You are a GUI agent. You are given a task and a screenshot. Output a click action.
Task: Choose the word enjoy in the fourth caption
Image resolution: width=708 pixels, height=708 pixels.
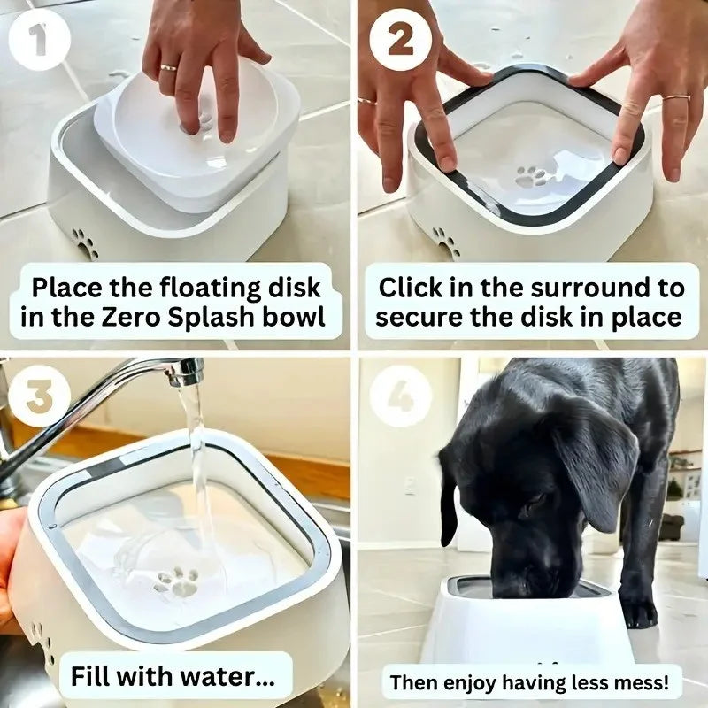pyautogui.click(x=466, y=682)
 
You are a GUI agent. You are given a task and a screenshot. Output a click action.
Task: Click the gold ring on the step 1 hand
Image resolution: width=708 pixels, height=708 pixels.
pyautogui.click(x=168, y=67)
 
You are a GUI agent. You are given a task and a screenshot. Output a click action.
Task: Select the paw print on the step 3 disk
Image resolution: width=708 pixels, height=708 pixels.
pyautogui.click(x=179, y=581)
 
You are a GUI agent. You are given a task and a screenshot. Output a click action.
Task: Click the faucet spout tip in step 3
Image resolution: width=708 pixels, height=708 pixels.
pyautogui.click(x=186, y=375)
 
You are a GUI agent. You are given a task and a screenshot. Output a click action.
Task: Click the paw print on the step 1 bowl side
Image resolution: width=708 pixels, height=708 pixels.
pyautogui.click(x=86, y=242)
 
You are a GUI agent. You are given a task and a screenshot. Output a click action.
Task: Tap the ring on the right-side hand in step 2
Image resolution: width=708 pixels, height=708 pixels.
pyautogui.click(x=677, y=97)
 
